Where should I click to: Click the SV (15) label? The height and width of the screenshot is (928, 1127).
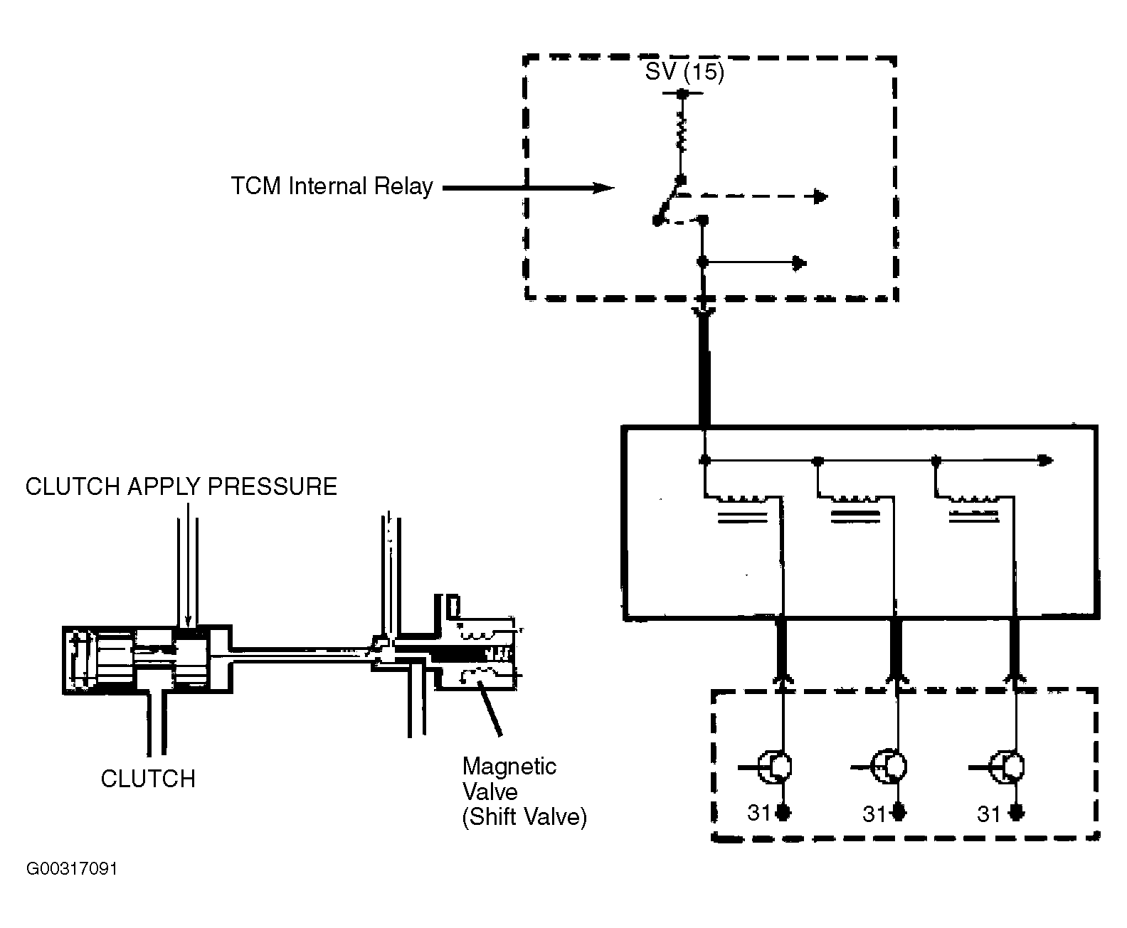(x=684, y=72)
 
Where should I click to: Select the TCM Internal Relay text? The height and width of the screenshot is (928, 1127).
(x=332, y=186)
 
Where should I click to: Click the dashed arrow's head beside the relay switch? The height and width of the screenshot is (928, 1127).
(x=820, y=196)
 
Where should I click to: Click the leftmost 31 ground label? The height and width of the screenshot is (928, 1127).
(x=759, y=813)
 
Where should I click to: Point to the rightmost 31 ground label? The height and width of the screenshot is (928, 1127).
(x=989, y=814)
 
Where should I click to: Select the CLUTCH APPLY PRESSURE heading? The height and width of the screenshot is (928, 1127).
(x=181, y=486)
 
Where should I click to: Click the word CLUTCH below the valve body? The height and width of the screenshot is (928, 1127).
(x=148, y=779)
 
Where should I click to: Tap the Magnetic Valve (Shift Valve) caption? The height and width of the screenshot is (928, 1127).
(x=524, y=791)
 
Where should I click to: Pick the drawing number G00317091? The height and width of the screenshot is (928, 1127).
(x=72, y=869)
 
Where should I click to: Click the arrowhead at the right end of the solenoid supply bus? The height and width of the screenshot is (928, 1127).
(x=1045, y=461)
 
